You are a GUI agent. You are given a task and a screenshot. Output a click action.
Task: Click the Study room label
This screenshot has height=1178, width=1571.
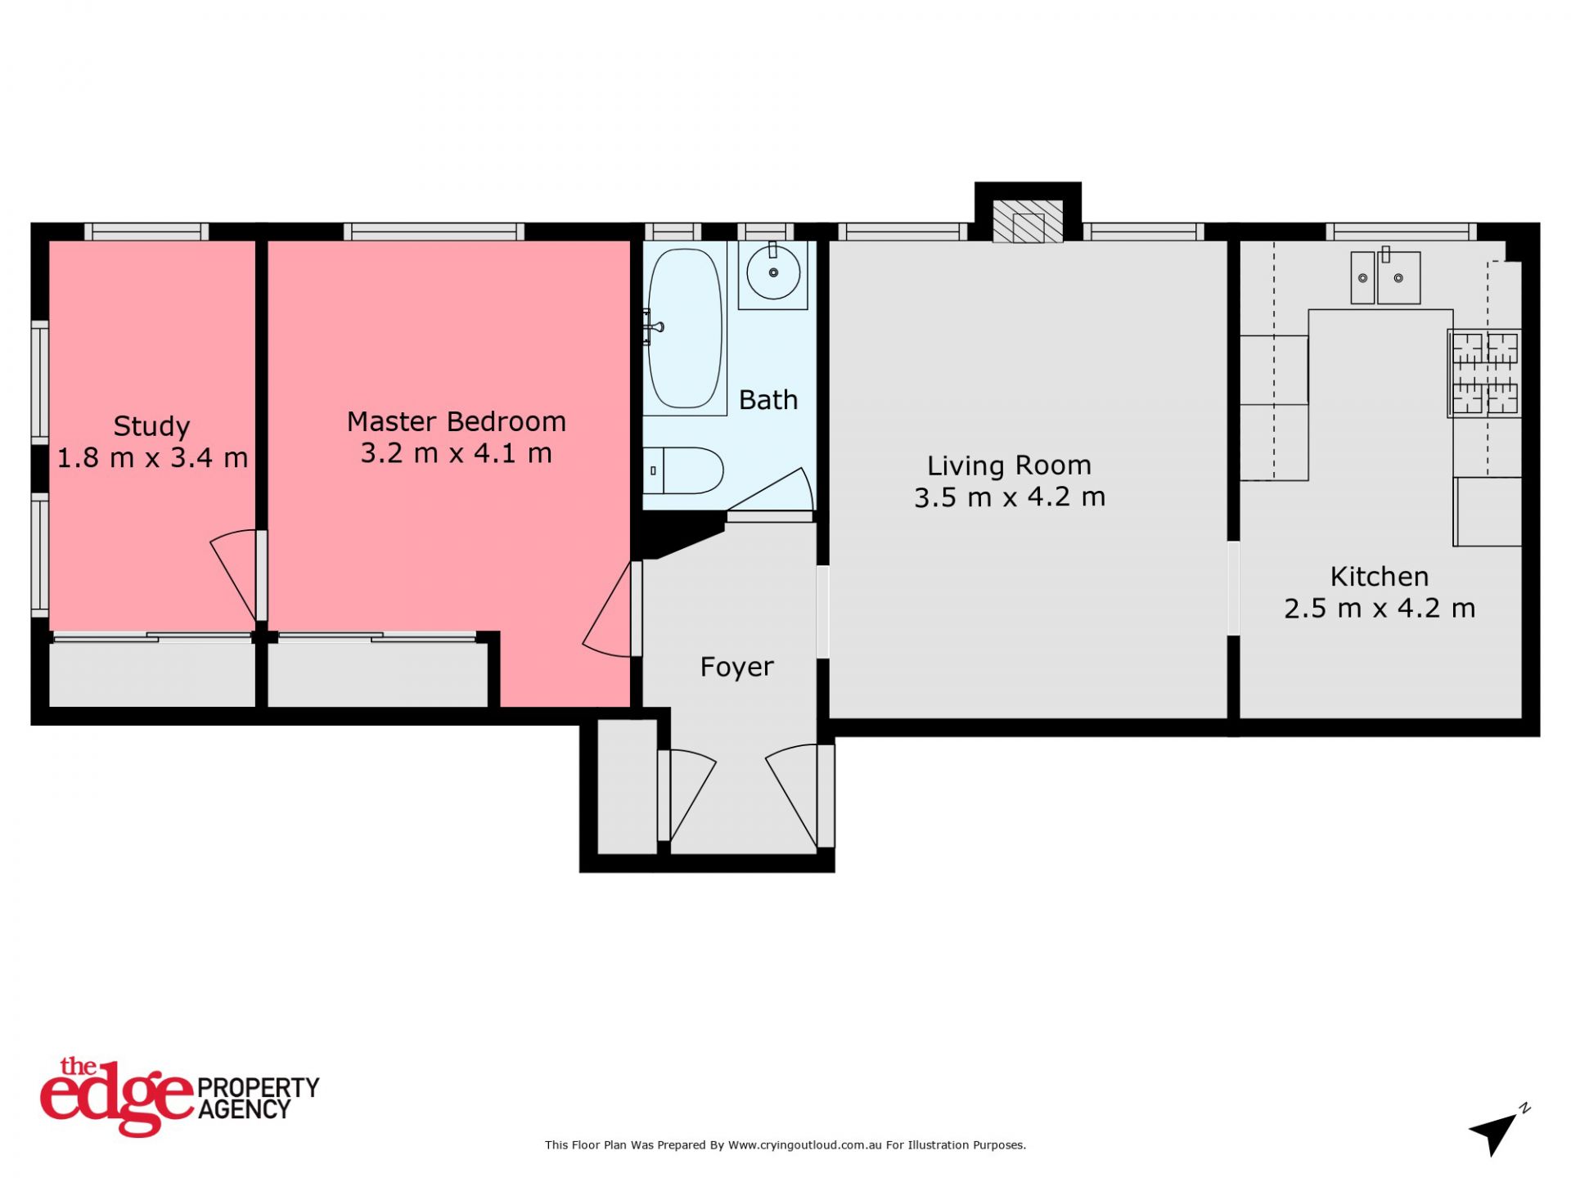click(151, 426)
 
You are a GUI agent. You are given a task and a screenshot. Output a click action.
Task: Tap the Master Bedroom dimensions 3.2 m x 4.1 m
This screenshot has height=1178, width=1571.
click(457, 453)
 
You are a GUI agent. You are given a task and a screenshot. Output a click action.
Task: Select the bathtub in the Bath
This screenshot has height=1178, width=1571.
click(685, 328)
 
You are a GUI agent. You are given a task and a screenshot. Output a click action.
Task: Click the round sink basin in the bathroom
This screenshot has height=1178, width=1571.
click(773, 272)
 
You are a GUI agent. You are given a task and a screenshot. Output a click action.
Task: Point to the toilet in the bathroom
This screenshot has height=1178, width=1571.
click(683, 470)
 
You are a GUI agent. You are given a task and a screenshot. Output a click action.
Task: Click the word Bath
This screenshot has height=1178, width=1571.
click(767, 400)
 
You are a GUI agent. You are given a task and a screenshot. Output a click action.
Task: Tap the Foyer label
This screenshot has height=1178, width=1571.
click(736, 668)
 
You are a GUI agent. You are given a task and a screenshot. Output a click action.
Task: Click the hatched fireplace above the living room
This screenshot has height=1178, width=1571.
click(1028, 221)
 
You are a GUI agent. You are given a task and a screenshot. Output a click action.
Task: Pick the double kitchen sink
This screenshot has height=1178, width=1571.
click(1385, 277)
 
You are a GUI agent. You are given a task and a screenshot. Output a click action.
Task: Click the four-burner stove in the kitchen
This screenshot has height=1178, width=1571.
click(1484, 373)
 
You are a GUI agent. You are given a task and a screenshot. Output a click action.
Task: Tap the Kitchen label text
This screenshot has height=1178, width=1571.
click(1380, 577)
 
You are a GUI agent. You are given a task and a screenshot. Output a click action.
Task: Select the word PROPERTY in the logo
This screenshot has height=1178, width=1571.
click(259, 1088)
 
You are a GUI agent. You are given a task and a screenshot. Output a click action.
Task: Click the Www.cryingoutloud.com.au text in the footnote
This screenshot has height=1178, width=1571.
click(804, 1145)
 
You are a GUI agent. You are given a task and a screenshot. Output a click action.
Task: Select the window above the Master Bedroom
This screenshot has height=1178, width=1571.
click(434, 232)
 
